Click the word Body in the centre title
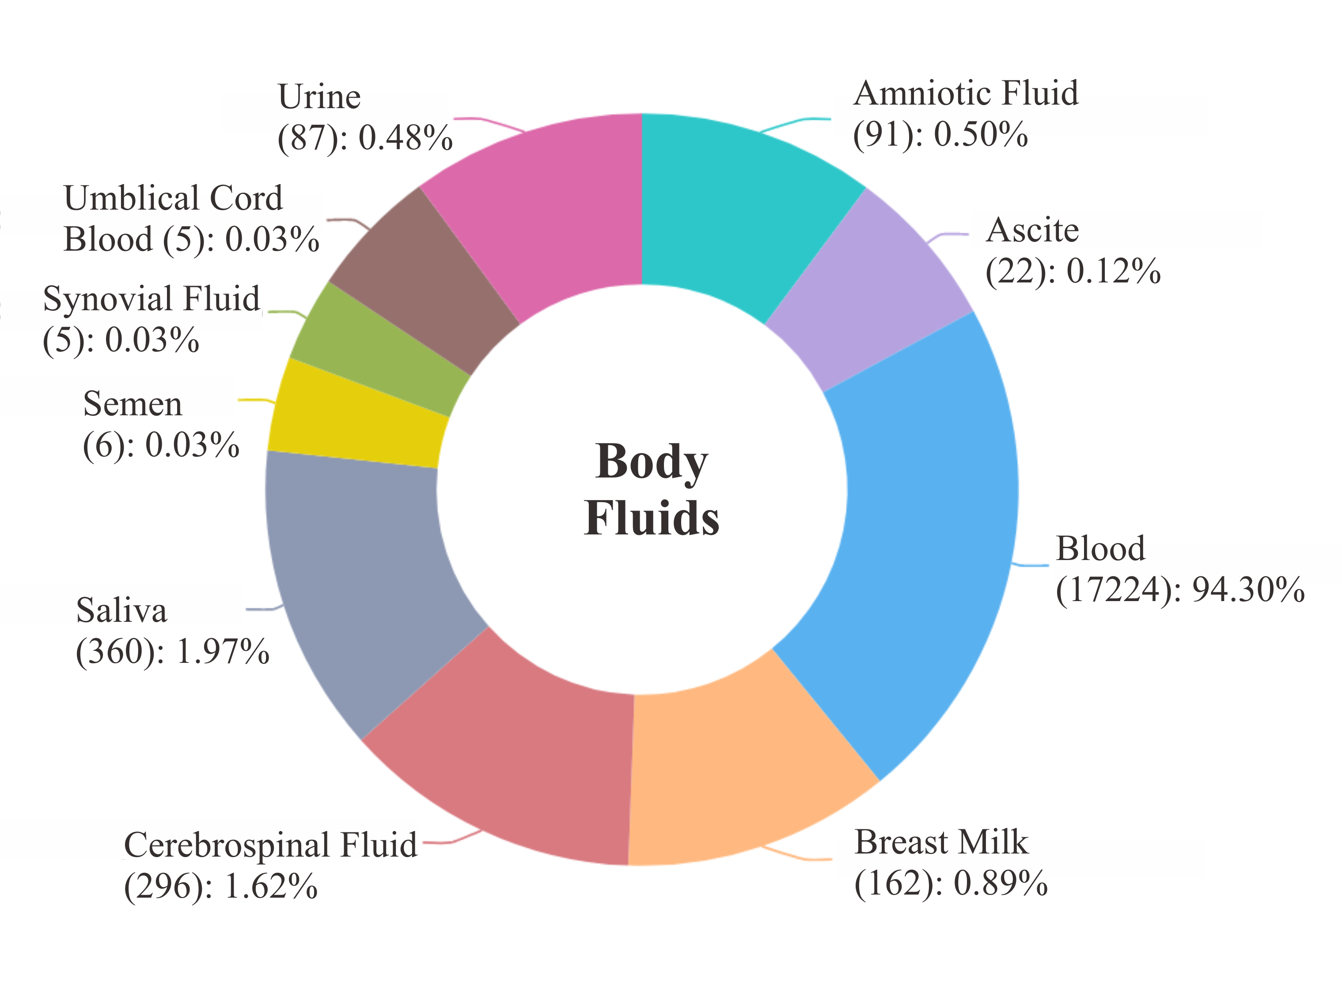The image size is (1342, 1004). pos(652,462)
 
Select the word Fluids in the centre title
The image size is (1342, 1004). pos(652,519)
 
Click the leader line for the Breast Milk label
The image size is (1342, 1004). pos(801,856)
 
